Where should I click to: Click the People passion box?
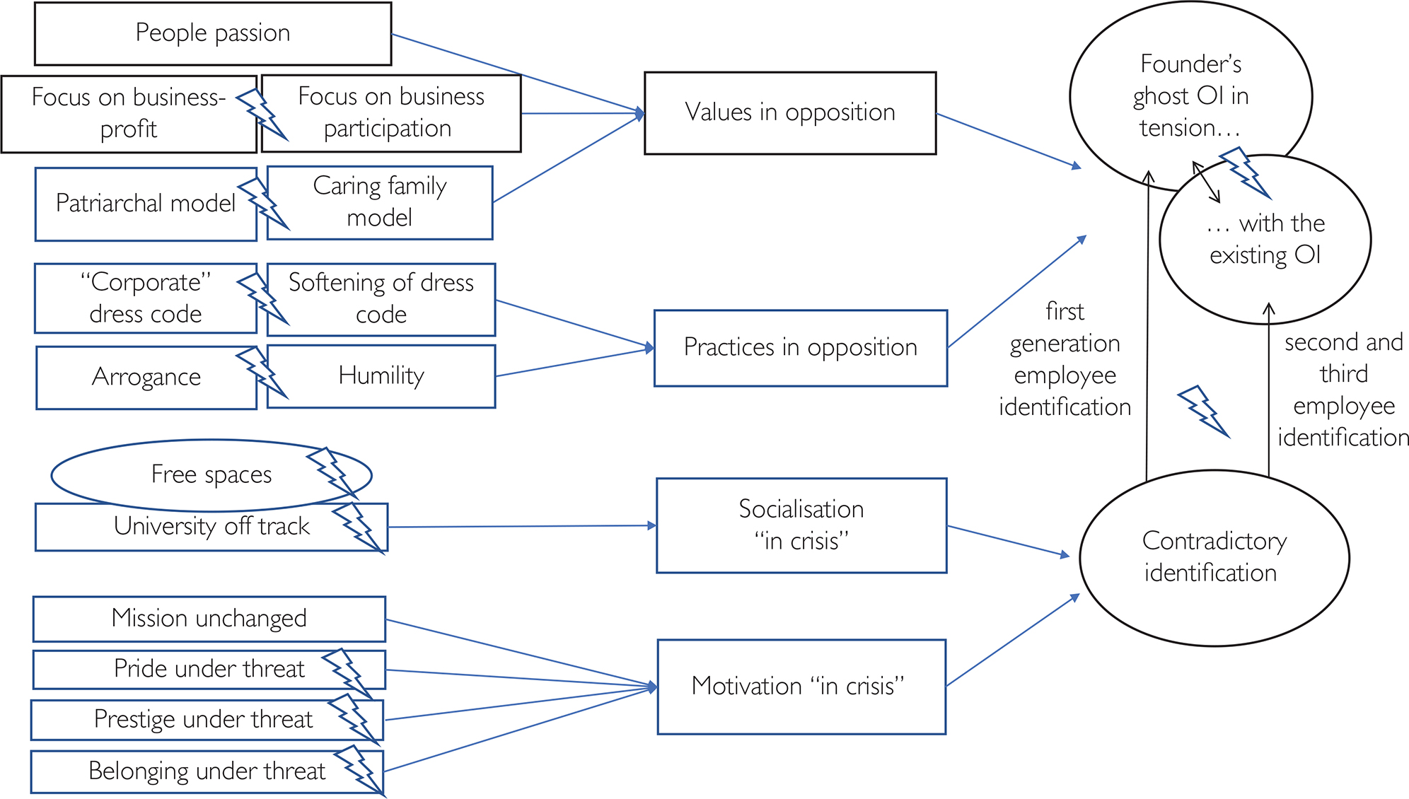coord(212,33)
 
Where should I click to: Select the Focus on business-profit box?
coord(128,113)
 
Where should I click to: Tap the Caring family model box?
coord(380,202)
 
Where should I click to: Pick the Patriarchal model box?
coord(145,204)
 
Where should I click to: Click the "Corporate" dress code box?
coord(145,298)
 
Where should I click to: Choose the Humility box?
coord(381,375)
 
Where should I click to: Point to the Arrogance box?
coord(146,377)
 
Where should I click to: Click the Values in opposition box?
coord(789,112)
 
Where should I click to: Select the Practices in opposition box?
coord(800,347)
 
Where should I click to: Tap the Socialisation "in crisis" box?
coord(801,525)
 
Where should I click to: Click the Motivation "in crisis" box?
coord(801,686)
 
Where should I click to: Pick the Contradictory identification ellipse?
coord(1214,557)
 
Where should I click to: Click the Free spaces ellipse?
coord(211,474)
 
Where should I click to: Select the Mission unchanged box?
coord(209,619)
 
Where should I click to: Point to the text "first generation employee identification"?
coord(1065,359)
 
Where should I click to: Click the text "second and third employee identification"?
coord(1343,390)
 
